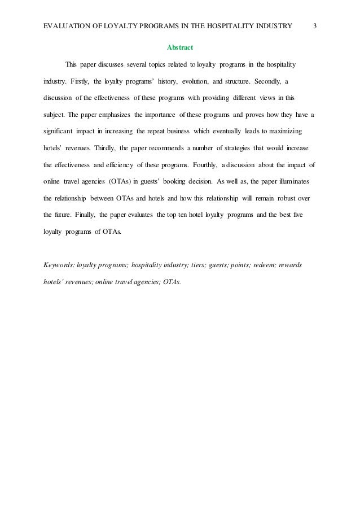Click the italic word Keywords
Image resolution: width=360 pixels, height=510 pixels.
(x=59, y=264)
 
